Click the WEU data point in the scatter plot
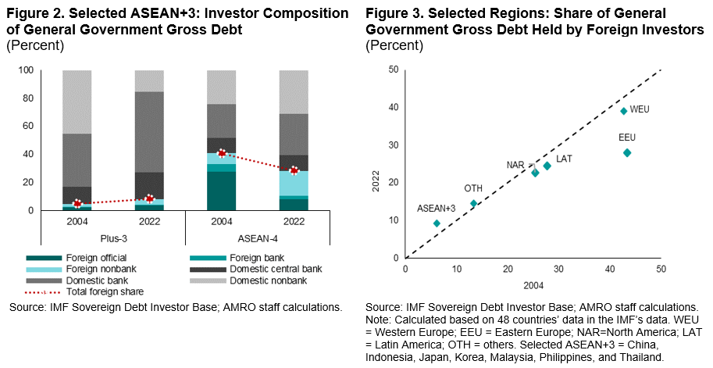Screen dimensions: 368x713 (x=623, y=111)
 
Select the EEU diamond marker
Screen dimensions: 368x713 (x=626, y=152)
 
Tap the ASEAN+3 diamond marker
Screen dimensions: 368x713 (x=436, y=223)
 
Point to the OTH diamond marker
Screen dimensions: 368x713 (x=473, y=203)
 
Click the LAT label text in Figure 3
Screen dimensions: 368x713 (x=564, y=159)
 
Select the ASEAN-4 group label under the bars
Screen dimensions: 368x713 (x=258, y=235)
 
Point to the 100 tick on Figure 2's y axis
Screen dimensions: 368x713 (x=24, y=70)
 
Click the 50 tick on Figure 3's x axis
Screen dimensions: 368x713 (x=661, y=268)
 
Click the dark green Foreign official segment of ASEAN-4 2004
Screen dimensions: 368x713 (x=222, y=191)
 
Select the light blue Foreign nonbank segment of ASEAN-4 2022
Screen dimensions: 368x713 (x=294, y=183)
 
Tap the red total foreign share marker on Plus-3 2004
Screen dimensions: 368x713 (x=77, y=204)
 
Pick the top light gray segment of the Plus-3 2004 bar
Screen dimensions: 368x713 (x=77, y=102)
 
